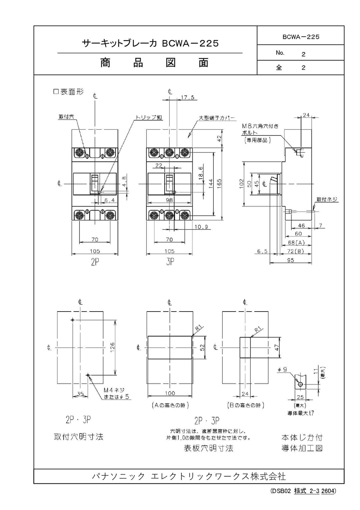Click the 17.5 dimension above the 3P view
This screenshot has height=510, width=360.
(188, 98)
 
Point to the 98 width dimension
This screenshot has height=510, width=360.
(170, 200)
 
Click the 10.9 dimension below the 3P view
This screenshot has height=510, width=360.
(201, 227)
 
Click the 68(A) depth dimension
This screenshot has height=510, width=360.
(296, 242)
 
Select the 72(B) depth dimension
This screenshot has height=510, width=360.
(296, 251)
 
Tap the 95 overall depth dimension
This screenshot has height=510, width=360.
(291, 260)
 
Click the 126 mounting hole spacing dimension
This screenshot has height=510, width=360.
(112, 348)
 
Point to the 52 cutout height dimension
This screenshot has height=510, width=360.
(202, 347)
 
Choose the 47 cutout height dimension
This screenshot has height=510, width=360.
(277, 347)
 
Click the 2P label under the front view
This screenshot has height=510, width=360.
(95, 262)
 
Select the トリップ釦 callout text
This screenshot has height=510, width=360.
(149, 117)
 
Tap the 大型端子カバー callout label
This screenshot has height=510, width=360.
(217, 118)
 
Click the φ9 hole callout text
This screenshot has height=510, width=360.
(282, 370)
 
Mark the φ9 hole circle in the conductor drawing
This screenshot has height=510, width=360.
(300, 385)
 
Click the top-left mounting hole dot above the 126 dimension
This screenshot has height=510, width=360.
(73, 320)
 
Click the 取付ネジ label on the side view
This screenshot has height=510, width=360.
(327, 199)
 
